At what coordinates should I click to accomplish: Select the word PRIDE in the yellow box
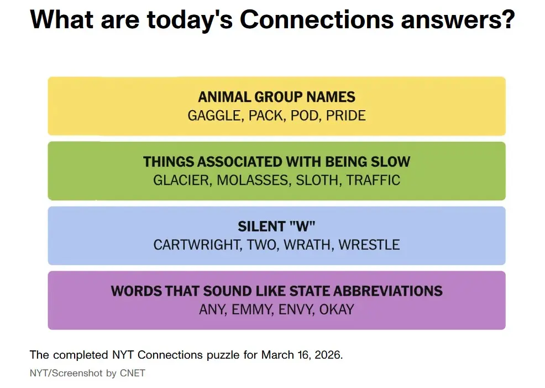345,116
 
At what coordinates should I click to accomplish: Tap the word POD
306,116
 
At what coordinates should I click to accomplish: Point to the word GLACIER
182,180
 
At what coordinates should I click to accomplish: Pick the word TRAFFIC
373,180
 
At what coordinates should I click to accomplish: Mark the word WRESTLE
369,245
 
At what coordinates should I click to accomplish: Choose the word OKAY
337,309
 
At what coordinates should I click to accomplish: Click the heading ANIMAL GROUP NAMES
276,97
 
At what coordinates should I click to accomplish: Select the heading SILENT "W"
276,226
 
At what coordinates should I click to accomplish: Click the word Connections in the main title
316,20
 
